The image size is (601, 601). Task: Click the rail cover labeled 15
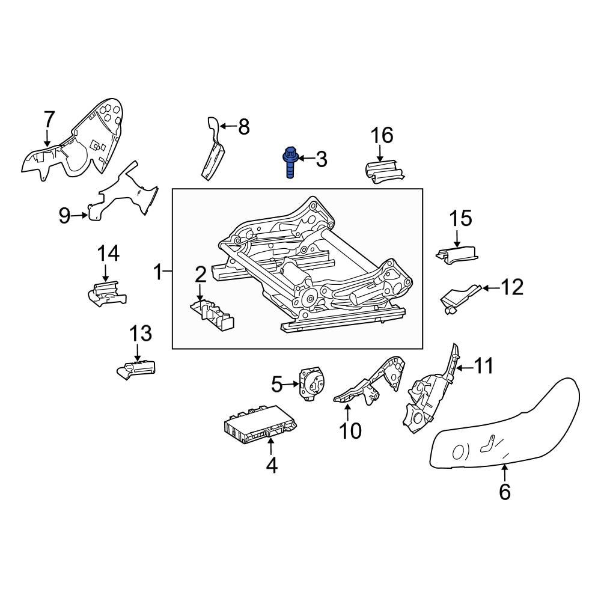[458, 255]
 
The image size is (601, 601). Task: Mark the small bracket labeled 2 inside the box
[211, 312]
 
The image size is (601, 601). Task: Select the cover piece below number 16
[383, 172]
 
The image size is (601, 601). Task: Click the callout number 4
[272, 465]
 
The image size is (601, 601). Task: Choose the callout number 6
[505, 491]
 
